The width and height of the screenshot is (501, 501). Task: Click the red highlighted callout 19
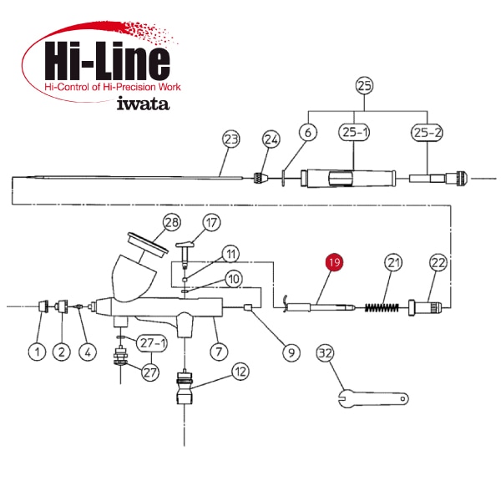point(334,262)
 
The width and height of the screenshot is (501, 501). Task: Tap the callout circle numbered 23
point(231,139)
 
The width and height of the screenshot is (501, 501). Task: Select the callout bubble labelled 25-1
point(354,132)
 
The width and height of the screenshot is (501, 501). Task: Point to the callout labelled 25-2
point(427,132)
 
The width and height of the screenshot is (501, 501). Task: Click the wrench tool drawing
point(373,398)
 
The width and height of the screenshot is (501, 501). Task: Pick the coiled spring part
point(382,307)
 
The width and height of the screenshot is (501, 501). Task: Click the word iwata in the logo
point(143,104)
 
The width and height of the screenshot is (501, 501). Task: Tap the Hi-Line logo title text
point(107,61)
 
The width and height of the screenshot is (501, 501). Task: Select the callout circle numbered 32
point(326,353)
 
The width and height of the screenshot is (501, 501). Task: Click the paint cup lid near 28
point(148,243)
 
